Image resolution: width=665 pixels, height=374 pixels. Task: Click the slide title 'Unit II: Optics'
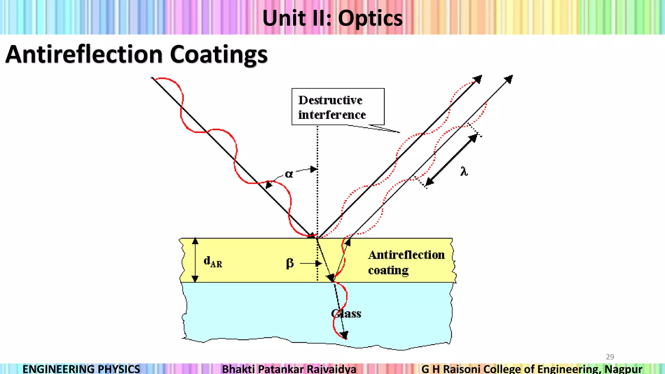point(332,18)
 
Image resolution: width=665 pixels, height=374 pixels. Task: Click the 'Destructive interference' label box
point(338,107)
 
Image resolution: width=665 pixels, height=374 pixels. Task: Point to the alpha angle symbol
point(289,174)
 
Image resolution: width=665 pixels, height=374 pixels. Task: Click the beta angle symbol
point(290,263)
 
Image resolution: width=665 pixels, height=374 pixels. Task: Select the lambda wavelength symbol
point(464,171)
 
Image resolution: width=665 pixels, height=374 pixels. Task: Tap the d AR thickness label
point(213,261)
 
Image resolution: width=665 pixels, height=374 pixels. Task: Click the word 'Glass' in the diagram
point(346,314)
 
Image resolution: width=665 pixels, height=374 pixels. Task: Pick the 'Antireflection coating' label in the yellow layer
point(406,262)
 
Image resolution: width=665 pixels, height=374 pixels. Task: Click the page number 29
point(610,357)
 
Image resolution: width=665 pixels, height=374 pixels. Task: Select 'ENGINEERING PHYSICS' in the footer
point(81,369)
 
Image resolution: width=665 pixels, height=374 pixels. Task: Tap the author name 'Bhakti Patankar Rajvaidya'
point(289,369)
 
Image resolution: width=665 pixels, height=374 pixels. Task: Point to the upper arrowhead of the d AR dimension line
point(195,241)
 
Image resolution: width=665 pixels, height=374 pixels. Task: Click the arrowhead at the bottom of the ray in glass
point(345,335)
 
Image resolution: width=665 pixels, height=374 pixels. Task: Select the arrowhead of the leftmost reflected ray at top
point(478,79)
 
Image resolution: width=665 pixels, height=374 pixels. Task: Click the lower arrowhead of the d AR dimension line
point(195,279)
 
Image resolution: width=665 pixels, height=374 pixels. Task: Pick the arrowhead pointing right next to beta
point(318,264)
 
